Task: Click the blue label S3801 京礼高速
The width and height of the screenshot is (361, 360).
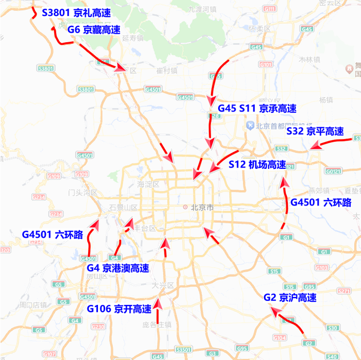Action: [x=76, y=12]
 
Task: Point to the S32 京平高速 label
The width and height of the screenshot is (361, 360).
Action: [x=315, y=131]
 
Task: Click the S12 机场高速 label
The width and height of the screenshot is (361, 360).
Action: [x=257, y=165]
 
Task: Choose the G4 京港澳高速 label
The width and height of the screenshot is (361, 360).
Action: [x=118, y=268]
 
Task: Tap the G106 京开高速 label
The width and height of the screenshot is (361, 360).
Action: [x=119, y=309]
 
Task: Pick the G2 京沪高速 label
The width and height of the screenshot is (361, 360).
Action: [x=290, y=298]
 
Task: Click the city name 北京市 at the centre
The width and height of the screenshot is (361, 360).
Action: [x=202, y=208]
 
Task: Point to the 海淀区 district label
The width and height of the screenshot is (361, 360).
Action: [x=149, y=184]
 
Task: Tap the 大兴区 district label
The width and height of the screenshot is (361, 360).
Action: [x=164, y=285]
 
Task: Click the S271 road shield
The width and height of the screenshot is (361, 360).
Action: [x=343, y=291]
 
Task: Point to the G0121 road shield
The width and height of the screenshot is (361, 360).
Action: [x=333, y=171]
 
